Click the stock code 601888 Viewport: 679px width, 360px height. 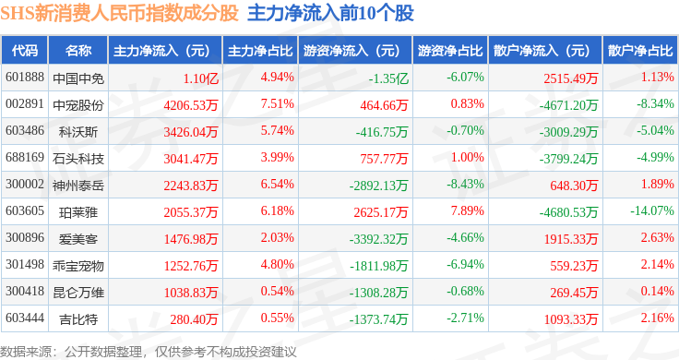(25, 78)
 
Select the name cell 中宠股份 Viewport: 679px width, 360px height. (78, 105)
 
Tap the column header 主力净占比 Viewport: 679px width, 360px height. (260, 51)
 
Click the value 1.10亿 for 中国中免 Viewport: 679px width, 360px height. (200, 78)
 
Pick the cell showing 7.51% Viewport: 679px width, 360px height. (277, 104)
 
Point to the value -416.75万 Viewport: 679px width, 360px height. (382, 132)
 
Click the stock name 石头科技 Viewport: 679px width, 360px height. (78, 159)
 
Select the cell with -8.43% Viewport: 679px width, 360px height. (466, 184)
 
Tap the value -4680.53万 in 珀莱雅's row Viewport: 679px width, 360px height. (568, 212)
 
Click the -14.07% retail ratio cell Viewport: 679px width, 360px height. (652, 211)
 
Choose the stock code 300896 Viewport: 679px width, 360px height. (25, 238)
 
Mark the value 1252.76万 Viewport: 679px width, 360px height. (191, 266)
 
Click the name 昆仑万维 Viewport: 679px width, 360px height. (78, 293)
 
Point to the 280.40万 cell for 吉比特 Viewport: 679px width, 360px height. (194, 319)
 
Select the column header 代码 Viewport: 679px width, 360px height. (25, 51)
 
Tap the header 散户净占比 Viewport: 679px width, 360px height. (640, 51)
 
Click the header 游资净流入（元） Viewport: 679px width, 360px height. (351, 51)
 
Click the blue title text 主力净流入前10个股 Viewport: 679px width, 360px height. (331, 13)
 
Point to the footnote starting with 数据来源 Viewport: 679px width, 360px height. (149, 352)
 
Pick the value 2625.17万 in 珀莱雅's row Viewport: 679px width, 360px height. (381, 212)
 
